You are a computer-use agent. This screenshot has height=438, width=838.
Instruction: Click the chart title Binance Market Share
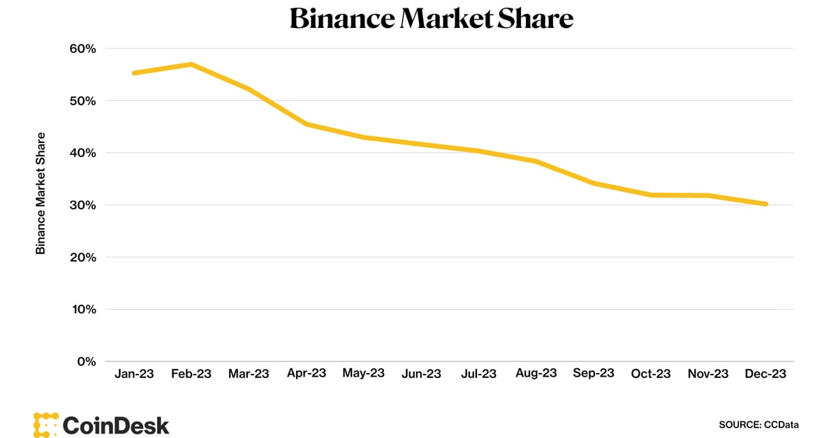(431, 19)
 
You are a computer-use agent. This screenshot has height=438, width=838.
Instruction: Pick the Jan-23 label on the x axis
(133, 374)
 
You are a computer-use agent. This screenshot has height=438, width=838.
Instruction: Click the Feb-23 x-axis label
(191, 374)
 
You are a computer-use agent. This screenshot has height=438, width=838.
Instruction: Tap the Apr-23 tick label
(307, 373)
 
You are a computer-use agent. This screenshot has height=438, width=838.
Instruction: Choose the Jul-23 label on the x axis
(479, 374)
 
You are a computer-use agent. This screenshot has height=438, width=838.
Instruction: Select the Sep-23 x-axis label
(594, 373)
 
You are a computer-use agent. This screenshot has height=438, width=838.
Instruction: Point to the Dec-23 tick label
(765, 374)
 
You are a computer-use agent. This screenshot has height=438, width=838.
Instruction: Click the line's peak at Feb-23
(191, 65)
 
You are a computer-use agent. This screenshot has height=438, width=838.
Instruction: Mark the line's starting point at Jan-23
(134, 73)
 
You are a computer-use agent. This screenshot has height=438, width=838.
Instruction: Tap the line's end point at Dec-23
(765, 204)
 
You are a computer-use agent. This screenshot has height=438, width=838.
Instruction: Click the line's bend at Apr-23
(307, 124)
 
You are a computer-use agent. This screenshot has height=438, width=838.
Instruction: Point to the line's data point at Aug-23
(536, 161)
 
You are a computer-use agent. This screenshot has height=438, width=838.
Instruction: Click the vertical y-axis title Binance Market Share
(41, 192)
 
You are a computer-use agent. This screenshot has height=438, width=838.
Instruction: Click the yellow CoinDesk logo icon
(45, 425)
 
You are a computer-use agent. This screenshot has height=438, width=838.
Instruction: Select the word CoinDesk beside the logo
(116, 425)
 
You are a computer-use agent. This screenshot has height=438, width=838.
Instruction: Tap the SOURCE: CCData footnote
(758, 424)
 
